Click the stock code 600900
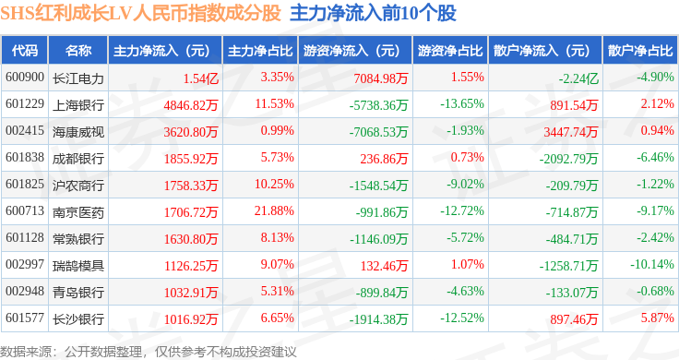coord(25,78)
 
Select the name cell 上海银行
coord(78,105)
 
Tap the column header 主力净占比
coord(260,51)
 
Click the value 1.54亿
coord(201,78)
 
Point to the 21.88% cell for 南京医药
coord(274,211)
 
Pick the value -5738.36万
coord(378,105)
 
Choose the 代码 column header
coord(25,51)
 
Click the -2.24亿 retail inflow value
coord(578,78)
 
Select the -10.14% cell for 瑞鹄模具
coord(652,264)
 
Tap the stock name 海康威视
coord(78,132)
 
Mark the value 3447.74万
coord(571,132)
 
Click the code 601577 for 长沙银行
coord(25,318)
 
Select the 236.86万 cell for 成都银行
coord(384,159)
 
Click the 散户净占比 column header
coord(640,51)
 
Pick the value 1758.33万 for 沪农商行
coord(191,186)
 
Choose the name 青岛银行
coord(78,293)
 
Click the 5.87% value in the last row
coord(658,318)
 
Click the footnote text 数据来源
coord(26,352)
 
